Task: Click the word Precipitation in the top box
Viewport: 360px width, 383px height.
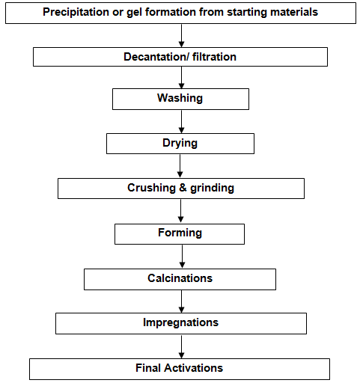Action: (x=76, y=12)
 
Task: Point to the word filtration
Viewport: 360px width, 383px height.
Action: (x=214, y=57)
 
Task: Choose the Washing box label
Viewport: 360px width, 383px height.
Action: (x=180, y=98)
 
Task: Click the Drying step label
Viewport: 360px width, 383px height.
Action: (x=180, y=144)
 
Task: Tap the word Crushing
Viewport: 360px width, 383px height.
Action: (x=151, y=188)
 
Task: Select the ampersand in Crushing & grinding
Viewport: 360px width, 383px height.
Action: (x=183, y=188)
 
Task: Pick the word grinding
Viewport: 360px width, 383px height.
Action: (x=212, y=189)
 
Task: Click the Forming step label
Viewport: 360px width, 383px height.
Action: (x=180, y=233)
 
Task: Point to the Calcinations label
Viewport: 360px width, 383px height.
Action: (x=180, y=278)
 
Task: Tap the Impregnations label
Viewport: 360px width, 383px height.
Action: (x=180, y=322)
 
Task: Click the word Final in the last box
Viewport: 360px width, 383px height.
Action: (x=148, y=368)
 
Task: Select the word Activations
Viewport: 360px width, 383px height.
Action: (x=193, y=368)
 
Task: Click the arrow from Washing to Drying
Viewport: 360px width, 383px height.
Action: (x=181, y=121)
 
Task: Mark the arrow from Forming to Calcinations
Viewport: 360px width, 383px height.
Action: (x=182, y=257)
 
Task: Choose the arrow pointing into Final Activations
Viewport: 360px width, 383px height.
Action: (x=182, y=346)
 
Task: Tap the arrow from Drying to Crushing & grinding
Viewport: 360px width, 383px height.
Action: (x=180, y=166)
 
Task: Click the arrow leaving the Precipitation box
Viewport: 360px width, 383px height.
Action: (x=181, y=36)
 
